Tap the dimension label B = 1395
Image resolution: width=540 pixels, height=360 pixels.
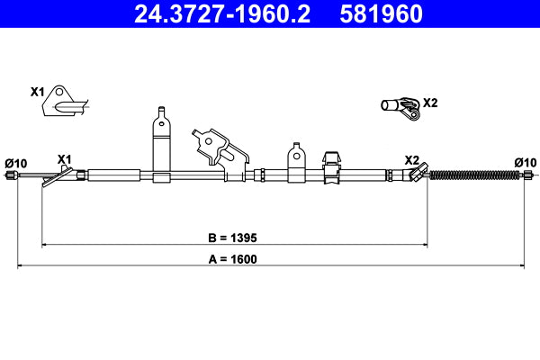(x=232, y=238)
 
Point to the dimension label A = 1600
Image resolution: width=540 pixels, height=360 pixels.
(x=232, y=259)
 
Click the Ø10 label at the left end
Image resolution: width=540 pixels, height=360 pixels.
(x=16, y=163)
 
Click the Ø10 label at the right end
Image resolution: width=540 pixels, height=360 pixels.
(x=525, y=162)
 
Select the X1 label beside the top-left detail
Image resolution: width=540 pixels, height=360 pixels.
(x=37, y=92)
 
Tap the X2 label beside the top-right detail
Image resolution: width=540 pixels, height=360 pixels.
(x=430, y=103)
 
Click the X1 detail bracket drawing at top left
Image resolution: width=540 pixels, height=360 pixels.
(x=63, y=102)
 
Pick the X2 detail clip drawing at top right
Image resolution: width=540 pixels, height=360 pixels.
(x=400, y=108)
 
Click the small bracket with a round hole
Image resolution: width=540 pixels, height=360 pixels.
(x=294, y=157)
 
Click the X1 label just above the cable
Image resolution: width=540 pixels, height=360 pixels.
(x=64, y=159)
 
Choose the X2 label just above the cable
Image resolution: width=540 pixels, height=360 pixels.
(x=411, y=159)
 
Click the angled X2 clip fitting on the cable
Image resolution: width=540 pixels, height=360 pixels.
(x=416, y=174)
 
